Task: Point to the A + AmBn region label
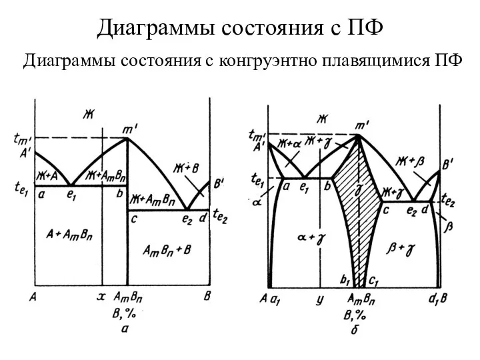69,235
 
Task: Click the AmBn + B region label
167,251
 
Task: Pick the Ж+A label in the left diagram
47,176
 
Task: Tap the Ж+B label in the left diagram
186,168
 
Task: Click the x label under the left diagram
101,296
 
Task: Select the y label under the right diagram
319,299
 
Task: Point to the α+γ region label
311,237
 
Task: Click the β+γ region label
400,249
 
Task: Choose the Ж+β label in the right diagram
409,161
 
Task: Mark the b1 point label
345,280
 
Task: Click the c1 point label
373,281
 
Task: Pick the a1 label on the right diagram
275,300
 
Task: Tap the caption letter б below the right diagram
355,330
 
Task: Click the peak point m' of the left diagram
127,138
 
